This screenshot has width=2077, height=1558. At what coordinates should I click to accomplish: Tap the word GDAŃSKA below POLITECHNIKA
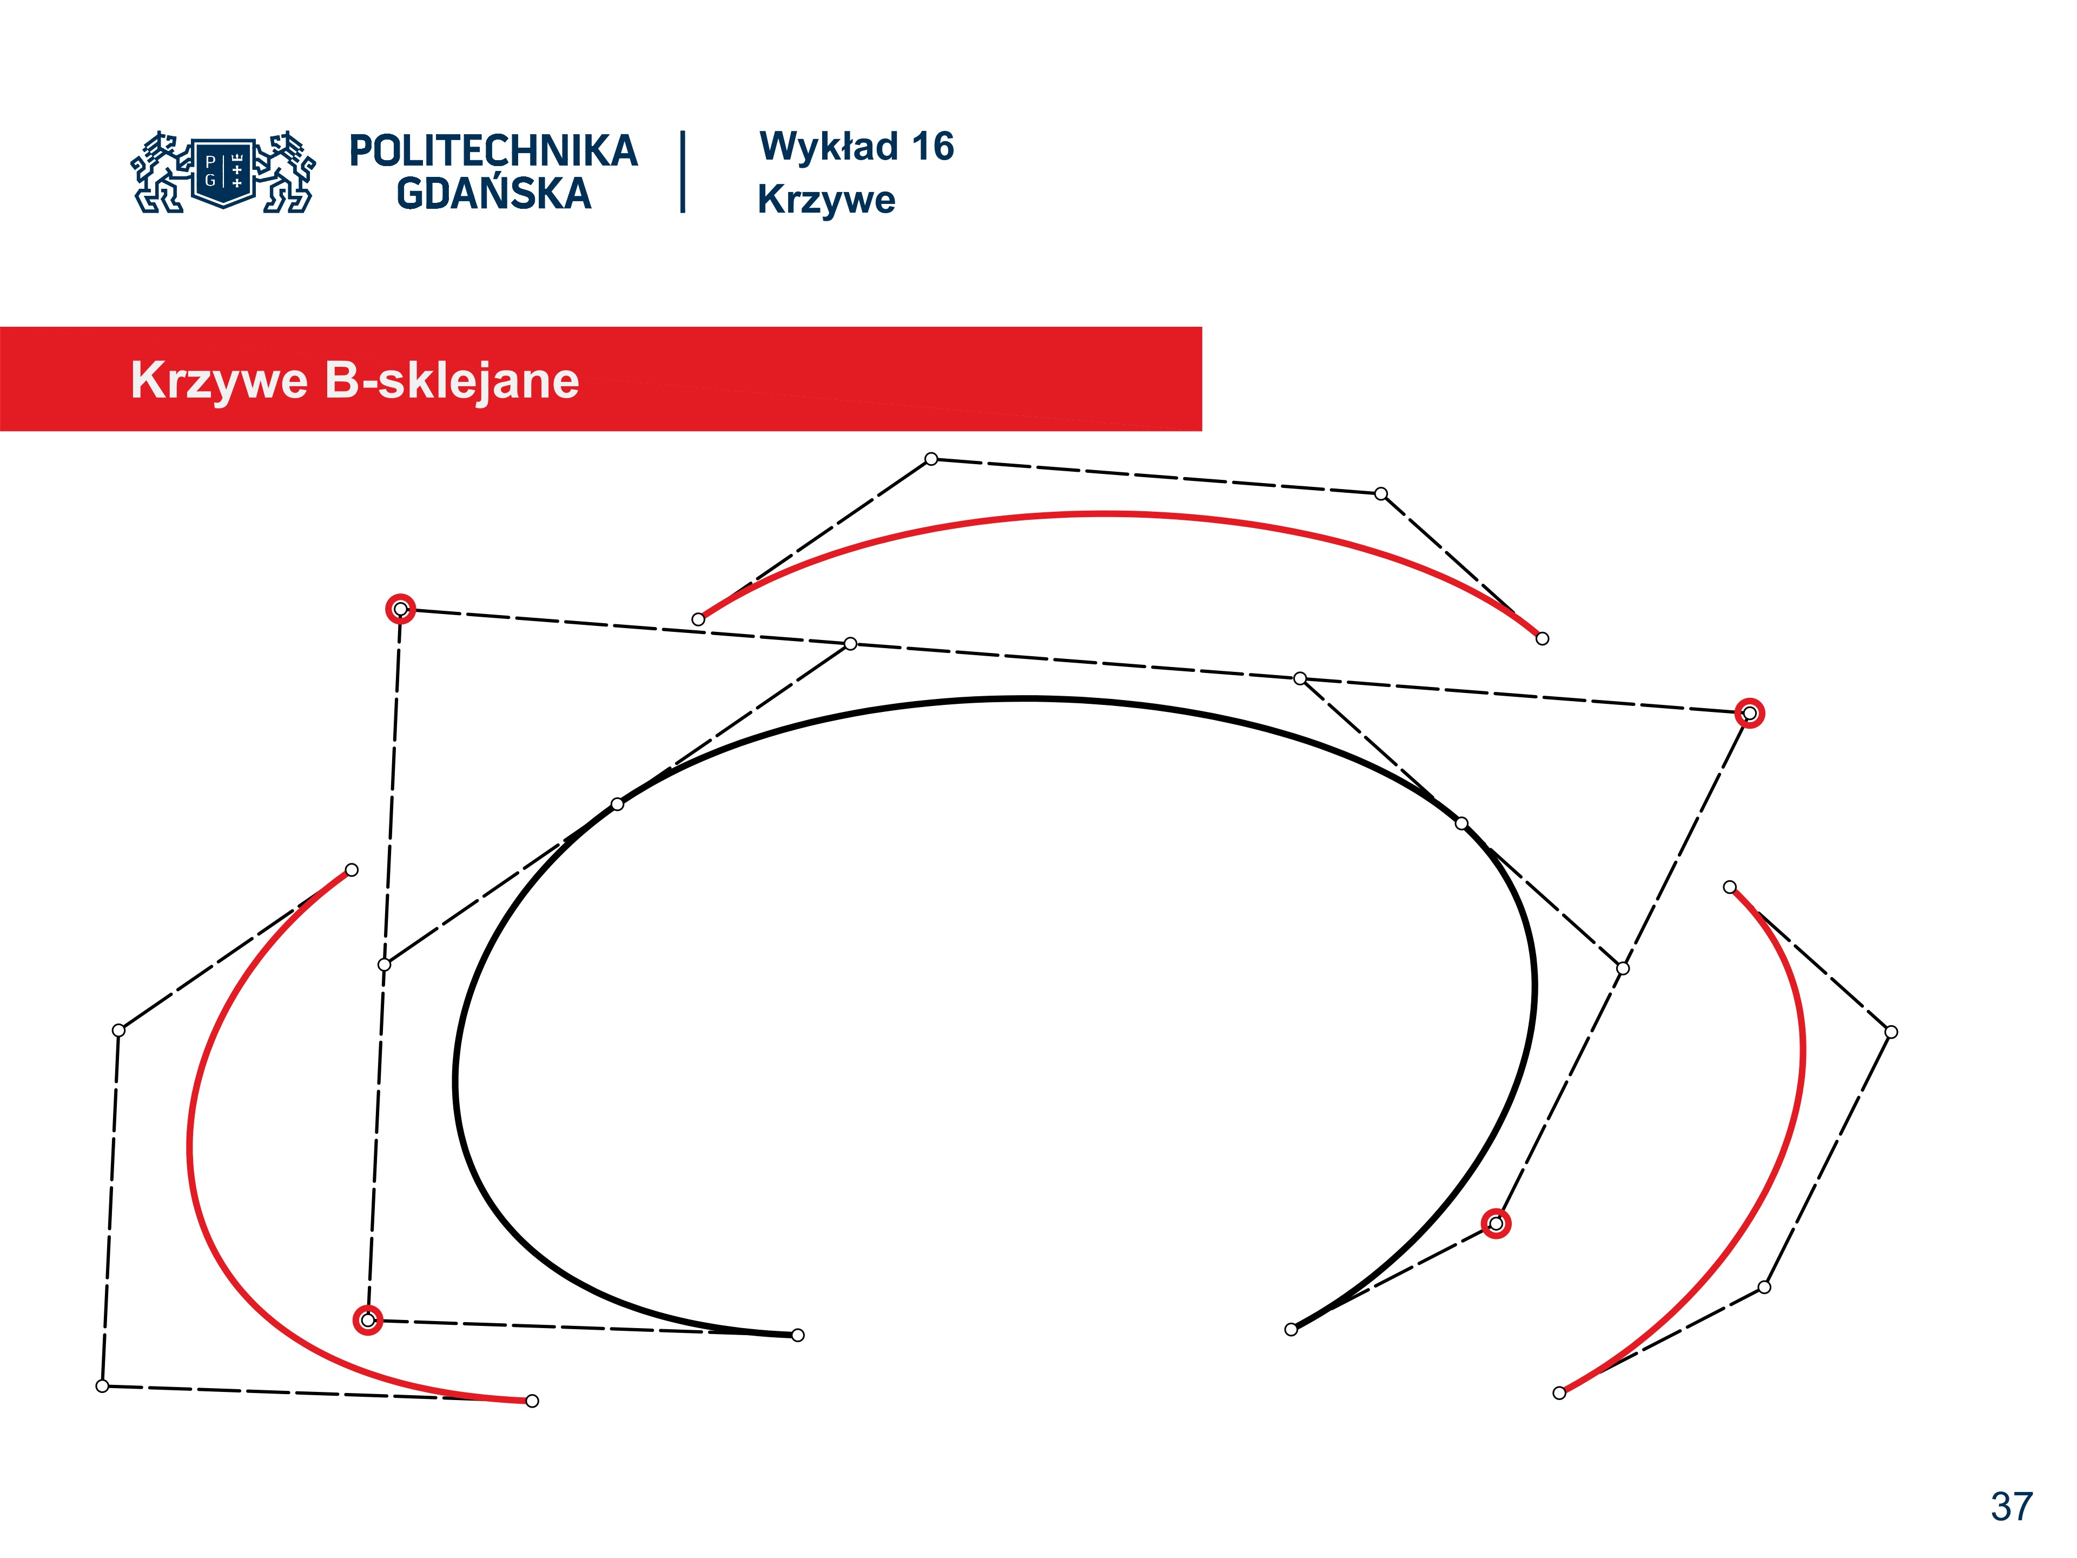(x=494, y=194)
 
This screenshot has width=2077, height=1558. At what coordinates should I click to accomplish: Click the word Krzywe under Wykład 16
(x=826, y=199)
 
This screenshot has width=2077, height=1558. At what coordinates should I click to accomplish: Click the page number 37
(x=2011, y=1507)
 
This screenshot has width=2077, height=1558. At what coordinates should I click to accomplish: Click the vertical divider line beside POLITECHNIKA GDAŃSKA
(x=683, y=172)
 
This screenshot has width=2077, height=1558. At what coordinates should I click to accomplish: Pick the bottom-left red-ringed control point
(x=368, y=1321)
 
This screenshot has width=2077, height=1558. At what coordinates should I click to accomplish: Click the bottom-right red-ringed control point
(x=1496, y=1224)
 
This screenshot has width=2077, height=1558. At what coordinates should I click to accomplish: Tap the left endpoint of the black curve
(x=797, y=1336)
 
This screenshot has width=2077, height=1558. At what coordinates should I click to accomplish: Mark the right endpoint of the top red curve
(x=1542, y=638)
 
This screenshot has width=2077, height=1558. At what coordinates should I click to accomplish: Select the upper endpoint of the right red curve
(x=1730, y=887)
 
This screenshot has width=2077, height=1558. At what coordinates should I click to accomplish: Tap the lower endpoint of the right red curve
(x=1559, y=1392)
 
